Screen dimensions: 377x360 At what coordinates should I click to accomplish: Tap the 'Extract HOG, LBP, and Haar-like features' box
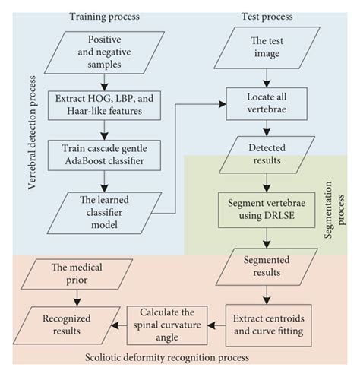click(106, 106)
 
